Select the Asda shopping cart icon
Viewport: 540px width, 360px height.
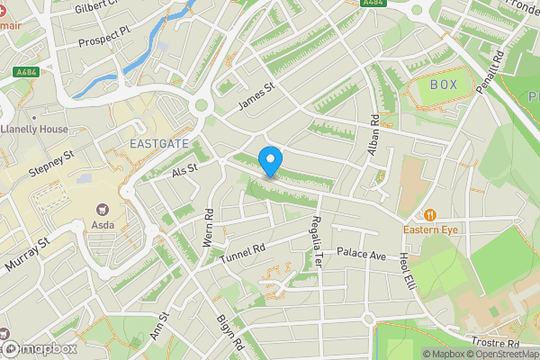tap(101, 208)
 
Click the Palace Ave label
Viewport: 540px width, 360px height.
tap(361, 255)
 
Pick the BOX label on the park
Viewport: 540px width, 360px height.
tap(444, 85)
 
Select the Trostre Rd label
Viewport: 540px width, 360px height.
tap(495, 343)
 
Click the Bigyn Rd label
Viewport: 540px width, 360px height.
tap(230, 332)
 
